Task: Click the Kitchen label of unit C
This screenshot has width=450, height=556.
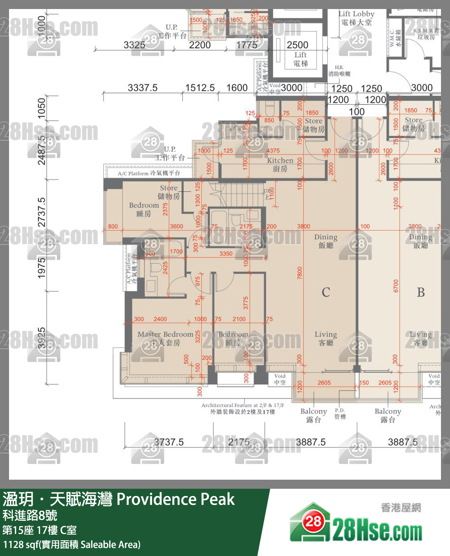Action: pyautogui.click(x=280, y=165)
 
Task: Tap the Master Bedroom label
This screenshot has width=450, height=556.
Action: pyautogui.click(x=165, y=338)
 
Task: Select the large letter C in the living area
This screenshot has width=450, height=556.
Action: pyautogui.click(x=325, y=292)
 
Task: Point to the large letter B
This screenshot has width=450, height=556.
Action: pyautogui.click(x=420, y=292)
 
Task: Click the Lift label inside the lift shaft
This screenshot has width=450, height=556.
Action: pyautogui.click(x=301, y=59)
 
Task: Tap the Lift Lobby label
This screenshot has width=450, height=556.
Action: pyautogui.click(x=356, y=18)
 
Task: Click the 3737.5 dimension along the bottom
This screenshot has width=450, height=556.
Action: pyautogui.click(x=169, y=442)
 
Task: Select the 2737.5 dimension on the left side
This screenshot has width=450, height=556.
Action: pyautogui.click(x=42, y=212)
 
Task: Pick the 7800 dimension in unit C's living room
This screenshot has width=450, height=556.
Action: pyautogui.click(x=300, y=273)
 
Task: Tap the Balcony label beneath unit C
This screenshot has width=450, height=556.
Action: pyautogui.click(x=313, y=415)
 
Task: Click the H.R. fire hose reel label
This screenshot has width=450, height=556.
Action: pyautogui.click(x=339, y=70)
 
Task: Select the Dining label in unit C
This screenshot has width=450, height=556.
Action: pyautogui.click(x=325, y=241)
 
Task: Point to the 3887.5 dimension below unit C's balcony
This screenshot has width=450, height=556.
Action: pyautogui.click(x=311, y=442)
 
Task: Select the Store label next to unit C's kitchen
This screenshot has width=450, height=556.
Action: pyautogui.click(x=313, y=125)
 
